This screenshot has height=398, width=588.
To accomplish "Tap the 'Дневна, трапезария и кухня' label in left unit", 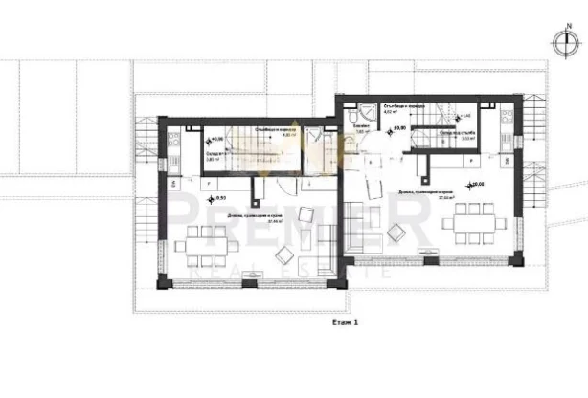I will pyautogui.click(x=252, y=216).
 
